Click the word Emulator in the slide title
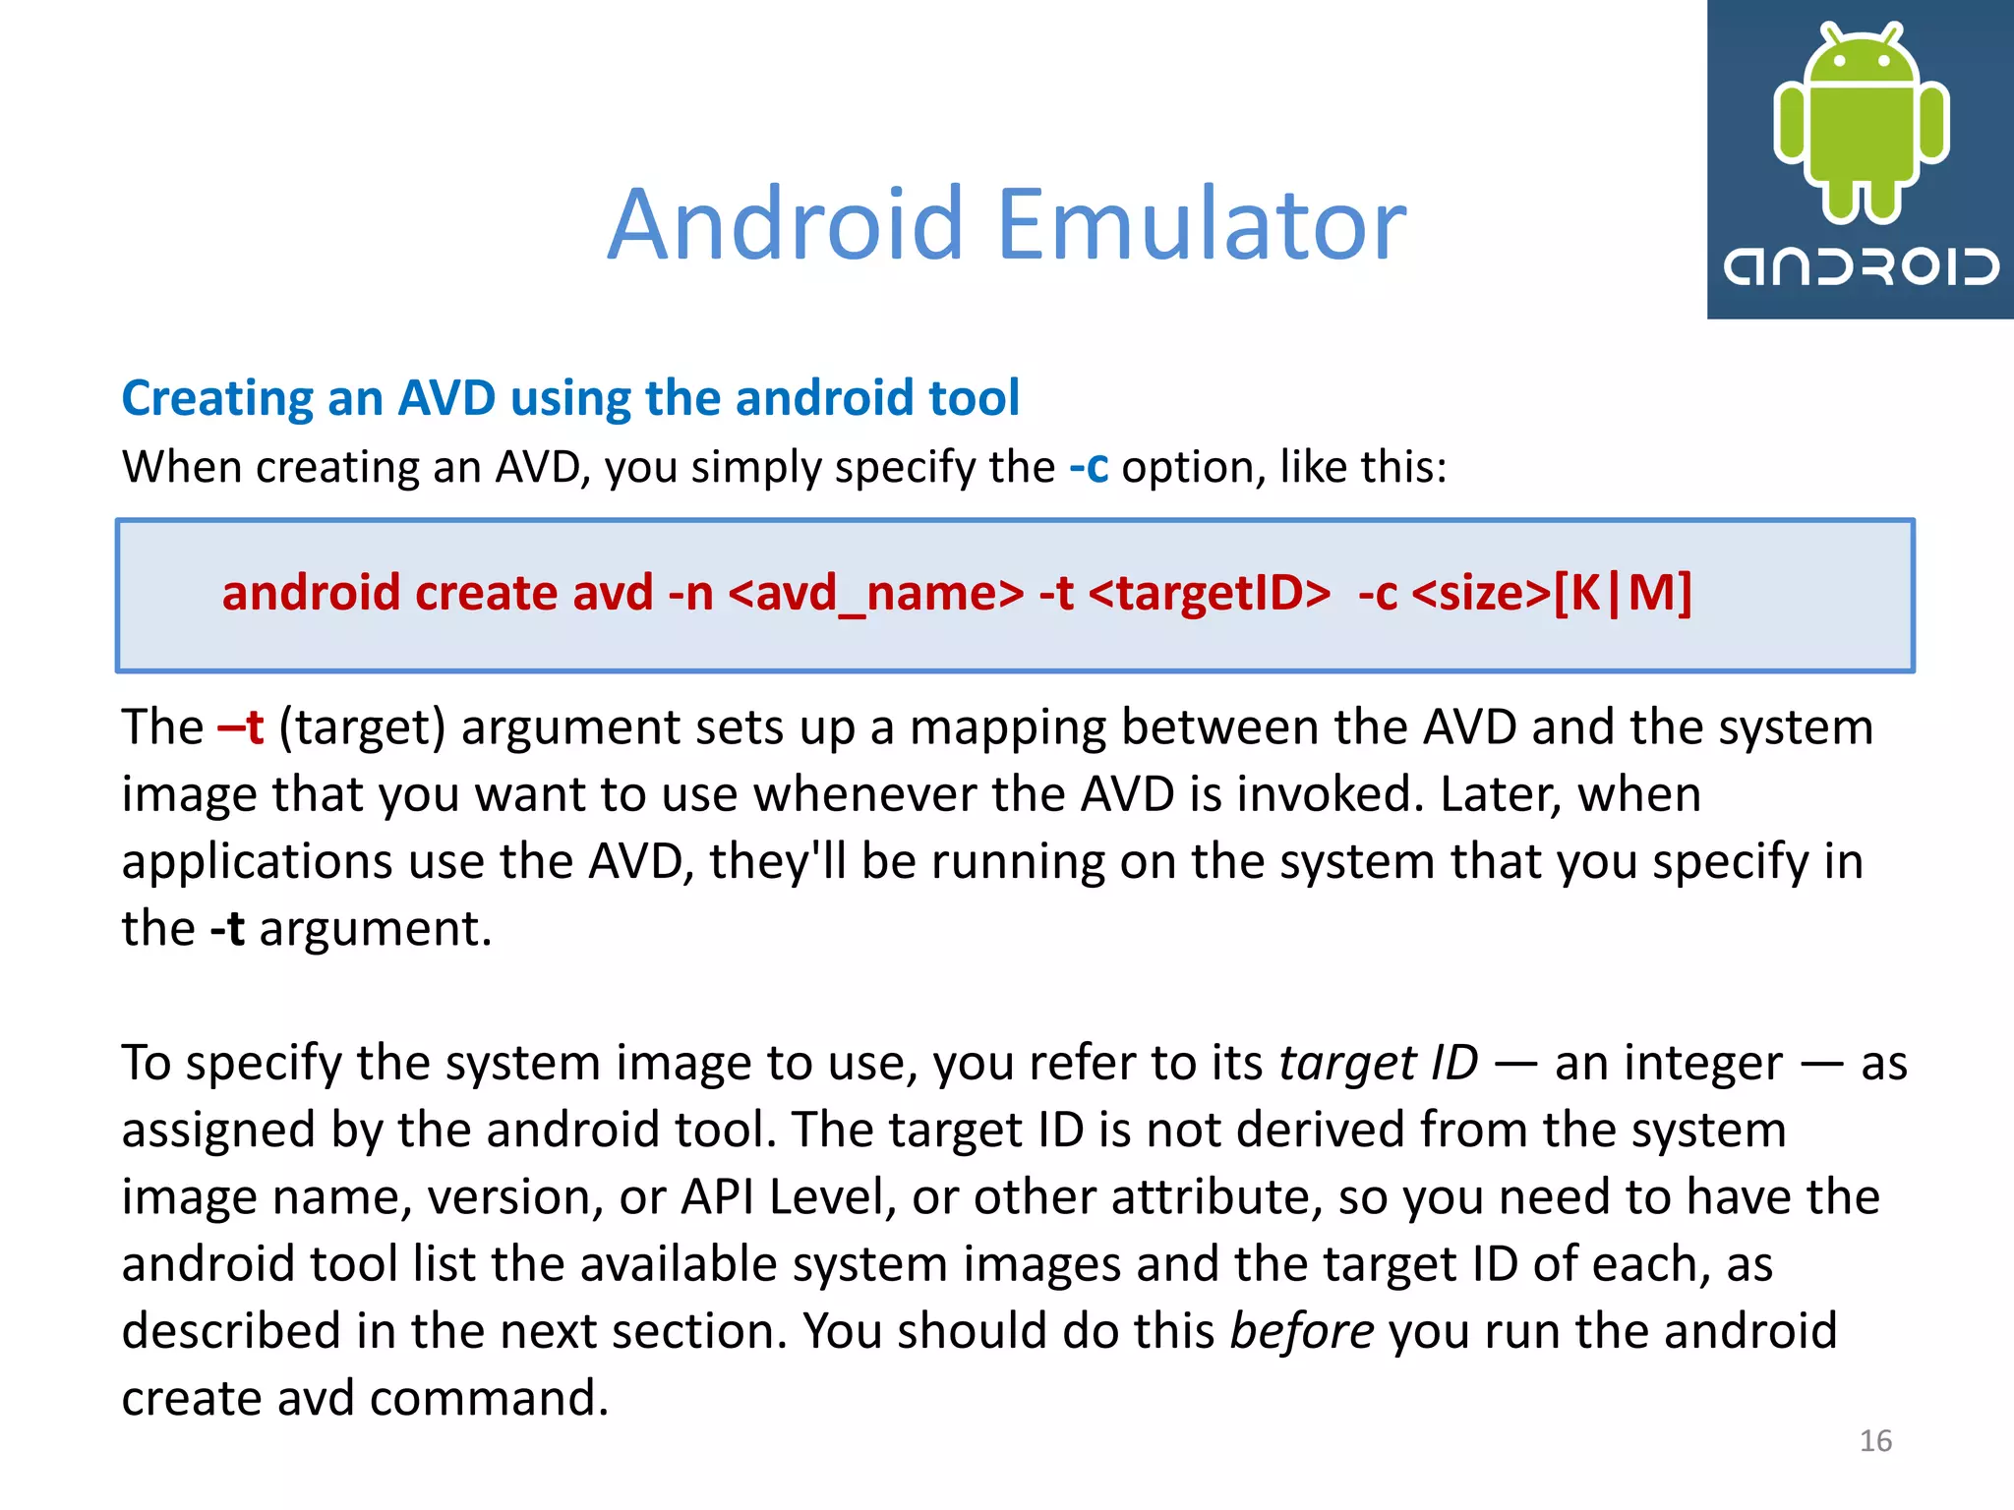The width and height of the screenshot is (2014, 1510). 1202,225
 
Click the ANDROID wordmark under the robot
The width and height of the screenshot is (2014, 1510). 1861,266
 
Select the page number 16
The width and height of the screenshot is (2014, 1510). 1875,1440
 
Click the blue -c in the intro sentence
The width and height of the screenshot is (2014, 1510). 1089,467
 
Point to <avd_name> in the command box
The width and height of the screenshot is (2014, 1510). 876,594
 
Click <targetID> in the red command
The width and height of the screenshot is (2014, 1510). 1210,594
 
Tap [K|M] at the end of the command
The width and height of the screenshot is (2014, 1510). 1623,594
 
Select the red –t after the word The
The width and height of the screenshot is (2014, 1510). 241,728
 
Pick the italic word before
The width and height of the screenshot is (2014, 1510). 1302,1331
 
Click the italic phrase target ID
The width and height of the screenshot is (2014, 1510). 1378,1063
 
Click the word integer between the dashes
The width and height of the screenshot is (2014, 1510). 1668,1063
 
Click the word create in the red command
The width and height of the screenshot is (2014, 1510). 486,594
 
